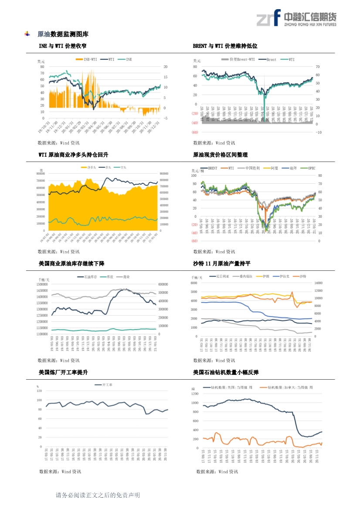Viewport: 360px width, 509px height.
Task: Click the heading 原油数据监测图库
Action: tap(63, 34)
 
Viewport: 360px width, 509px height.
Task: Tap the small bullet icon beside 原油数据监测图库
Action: tap(28, 34)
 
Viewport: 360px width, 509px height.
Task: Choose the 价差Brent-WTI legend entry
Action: tap(242, 59)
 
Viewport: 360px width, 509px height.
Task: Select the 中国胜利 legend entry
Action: tap(252, 168)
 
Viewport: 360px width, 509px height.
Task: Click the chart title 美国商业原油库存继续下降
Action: tap(71, 264)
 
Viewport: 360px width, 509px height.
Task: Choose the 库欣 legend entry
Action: tap(109, 276)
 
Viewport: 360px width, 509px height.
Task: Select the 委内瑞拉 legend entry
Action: tap(245, 276)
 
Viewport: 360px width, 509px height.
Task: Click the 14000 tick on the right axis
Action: tap(318, 283)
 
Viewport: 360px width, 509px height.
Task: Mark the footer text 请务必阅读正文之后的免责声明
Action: tap(98, 495)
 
